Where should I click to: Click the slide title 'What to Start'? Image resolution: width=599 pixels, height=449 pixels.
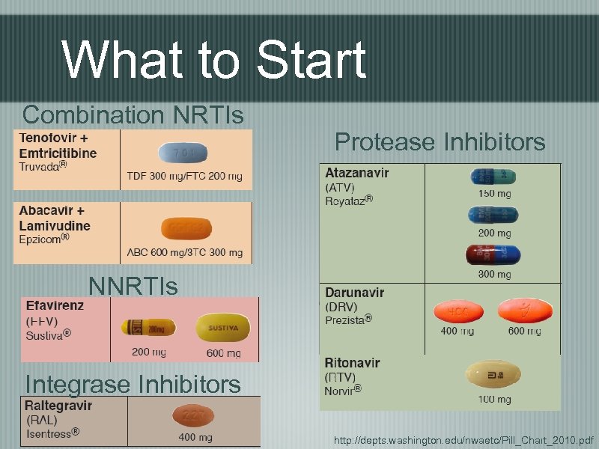coord(215,59)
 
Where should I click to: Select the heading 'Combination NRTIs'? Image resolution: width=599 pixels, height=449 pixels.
coord(133,114)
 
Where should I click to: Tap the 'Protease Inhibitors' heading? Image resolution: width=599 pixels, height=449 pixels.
coord(440,141)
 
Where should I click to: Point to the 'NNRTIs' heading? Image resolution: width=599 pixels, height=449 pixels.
coord(133,286)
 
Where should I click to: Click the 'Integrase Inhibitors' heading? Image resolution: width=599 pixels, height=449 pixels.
coord(133,384)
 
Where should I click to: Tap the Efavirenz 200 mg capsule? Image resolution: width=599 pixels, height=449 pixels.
coord(148,328)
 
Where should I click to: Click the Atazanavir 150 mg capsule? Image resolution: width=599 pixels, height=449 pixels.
coord(493,177)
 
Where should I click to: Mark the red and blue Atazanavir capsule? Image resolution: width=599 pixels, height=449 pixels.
coord(492,254)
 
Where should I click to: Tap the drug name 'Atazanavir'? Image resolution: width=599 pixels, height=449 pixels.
coord(356,172)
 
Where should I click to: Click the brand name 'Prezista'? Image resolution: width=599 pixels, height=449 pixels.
coord(348,319)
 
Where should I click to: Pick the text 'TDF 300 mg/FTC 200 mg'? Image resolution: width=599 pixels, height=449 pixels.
coord(184,177)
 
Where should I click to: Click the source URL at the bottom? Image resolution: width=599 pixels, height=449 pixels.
coord(463,439)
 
